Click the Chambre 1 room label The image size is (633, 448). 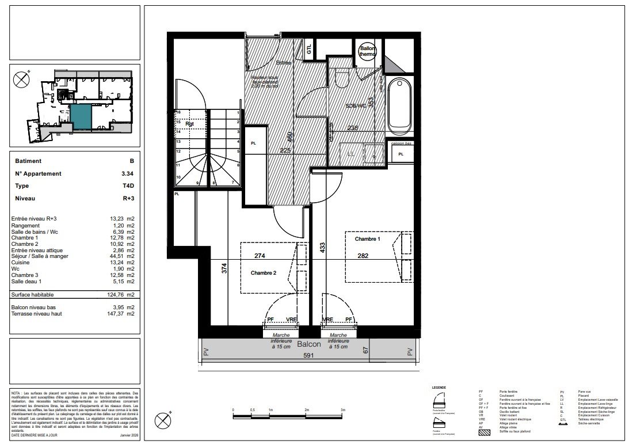pyautogui.click(x=367, y=238)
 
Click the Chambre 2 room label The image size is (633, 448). pyautogui.click(x=264, y=274)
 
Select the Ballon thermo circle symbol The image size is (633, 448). pyautogui.click(x=368, y=52)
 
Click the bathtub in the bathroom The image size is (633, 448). pyautogui.click(x=399, y=106)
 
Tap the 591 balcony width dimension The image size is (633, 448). pyautogui.click(x=310, y=355)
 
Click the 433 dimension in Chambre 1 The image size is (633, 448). pyautogui.click(x=323, y=248)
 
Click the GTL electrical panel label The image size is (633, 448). pyautogui.click(x=309, y=50)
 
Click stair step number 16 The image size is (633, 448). pyautogui.click(x=178, y=113)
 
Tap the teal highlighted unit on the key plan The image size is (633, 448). pyautogui.click(x=81, y=117)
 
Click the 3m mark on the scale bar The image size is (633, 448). pyautogui.click(x=343, y=410)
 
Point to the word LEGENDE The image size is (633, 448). pyautogui.click(x=439, y=388)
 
